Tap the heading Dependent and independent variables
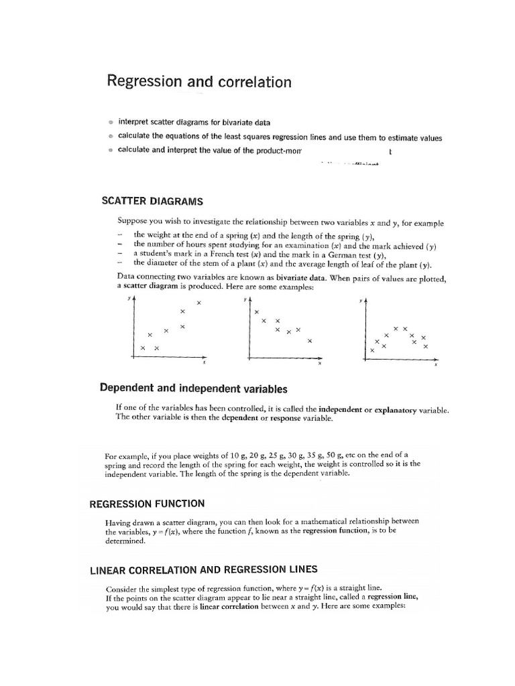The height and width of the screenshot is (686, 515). pos(193,389)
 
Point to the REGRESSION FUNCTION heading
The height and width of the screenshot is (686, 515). pos(148,503)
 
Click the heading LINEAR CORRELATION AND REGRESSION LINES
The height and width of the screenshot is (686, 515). pos(204,570)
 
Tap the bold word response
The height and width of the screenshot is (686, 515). pos(282,418)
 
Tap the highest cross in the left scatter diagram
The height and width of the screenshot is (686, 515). pos(198,303)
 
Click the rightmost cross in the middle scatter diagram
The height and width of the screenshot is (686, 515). pos(309,341)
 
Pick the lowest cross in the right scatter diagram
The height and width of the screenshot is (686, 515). pos(372,350)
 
